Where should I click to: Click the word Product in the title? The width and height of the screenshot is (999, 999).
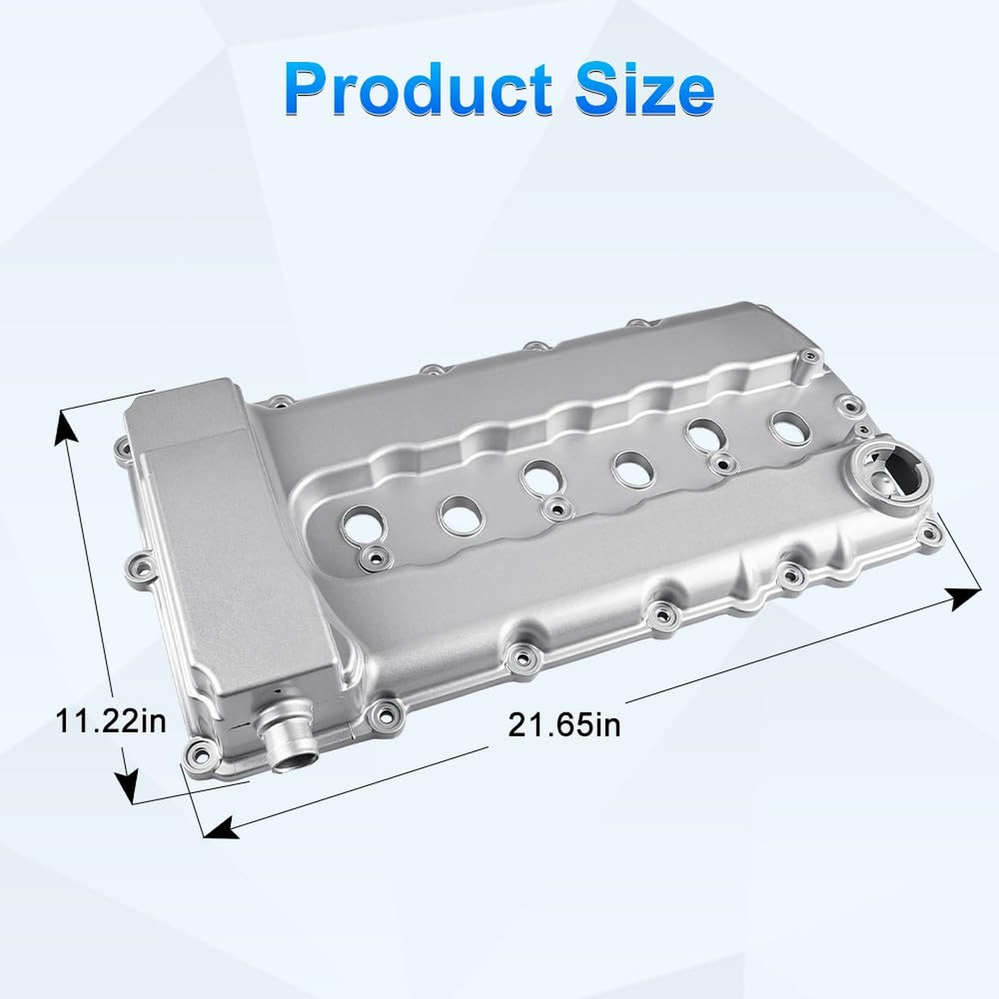(418, 89)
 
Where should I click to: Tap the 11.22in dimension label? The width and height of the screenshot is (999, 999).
(111, 721)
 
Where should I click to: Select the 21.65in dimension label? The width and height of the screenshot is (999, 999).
(564, 725)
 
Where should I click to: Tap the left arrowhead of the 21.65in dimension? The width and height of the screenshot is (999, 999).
(220, 827)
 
